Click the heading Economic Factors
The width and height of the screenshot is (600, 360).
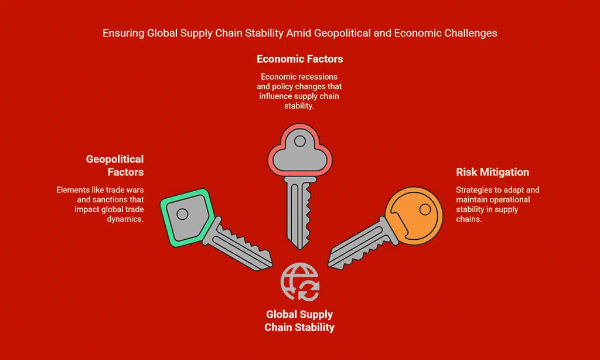[x=299, y=59]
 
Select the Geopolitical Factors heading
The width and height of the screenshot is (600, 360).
[x=115, y=165]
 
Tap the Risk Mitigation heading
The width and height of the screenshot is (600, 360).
[x=492, y=172]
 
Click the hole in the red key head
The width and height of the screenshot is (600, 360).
[x=300, y=141]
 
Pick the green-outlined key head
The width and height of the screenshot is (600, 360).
[x=185, y=215]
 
